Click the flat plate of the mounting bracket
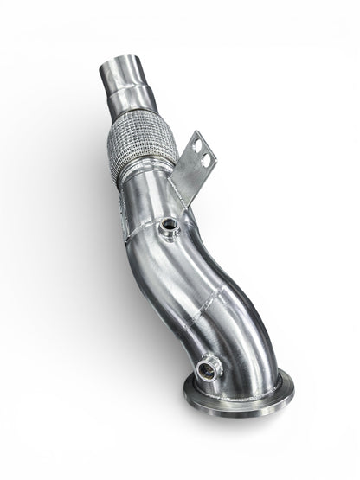click(x=195, y=169)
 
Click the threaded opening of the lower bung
click(x=209, y=371)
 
